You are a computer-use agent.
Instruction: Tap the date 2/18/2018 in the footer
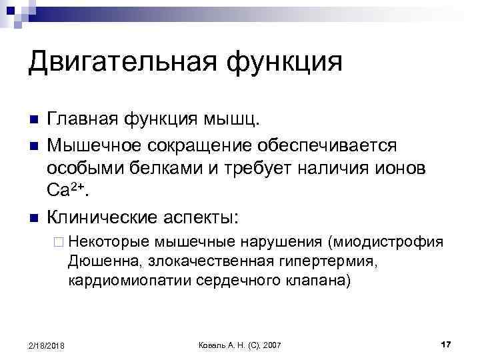click(x=47, y=345)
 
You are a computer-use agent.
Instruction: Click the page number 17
click(x=446, y=344)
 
